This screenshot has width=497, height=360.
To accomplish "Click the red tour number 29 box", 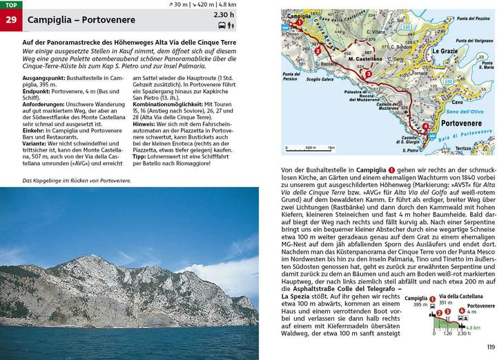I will click(10, 20).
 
